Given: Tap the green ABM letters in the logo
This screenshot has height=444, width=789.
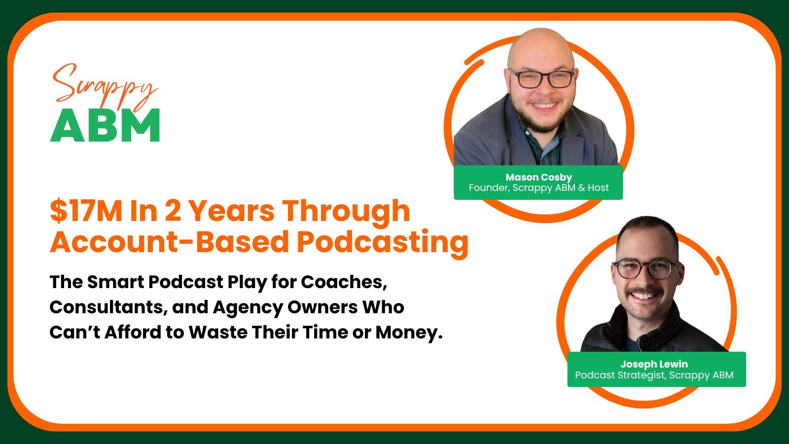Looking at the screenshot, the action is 105,125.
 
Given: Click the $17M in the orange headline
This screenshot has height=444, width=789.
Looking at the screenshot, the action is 86,211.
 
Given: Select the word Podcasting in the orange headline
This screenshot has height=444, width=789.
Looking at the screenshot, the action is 383,242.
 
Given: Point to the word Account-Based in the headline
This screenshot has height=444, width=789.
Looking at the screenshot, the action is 170,242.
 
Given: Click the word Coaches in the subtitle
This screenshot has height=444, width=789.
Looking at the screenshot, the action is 344,282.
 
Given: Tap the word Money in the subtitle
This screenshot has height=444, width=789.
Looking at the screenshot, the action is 409,333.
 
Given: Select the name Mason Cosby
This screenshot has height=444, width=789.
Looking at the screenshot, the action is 538,177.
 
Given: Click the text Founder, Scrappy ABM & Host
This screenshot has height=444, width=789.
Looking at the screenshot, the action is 538,188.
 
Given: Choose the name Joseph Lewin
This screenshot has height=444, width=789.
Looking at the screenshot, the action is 654,364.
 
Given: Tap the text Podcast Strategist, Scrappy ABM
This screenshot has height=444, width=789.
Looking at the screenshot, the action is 654,375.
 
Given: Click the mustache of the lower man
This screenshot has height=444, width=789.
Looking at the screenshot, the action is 643,291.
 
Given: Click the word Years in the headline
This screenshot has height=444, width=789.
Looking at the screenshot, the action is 232,211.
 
